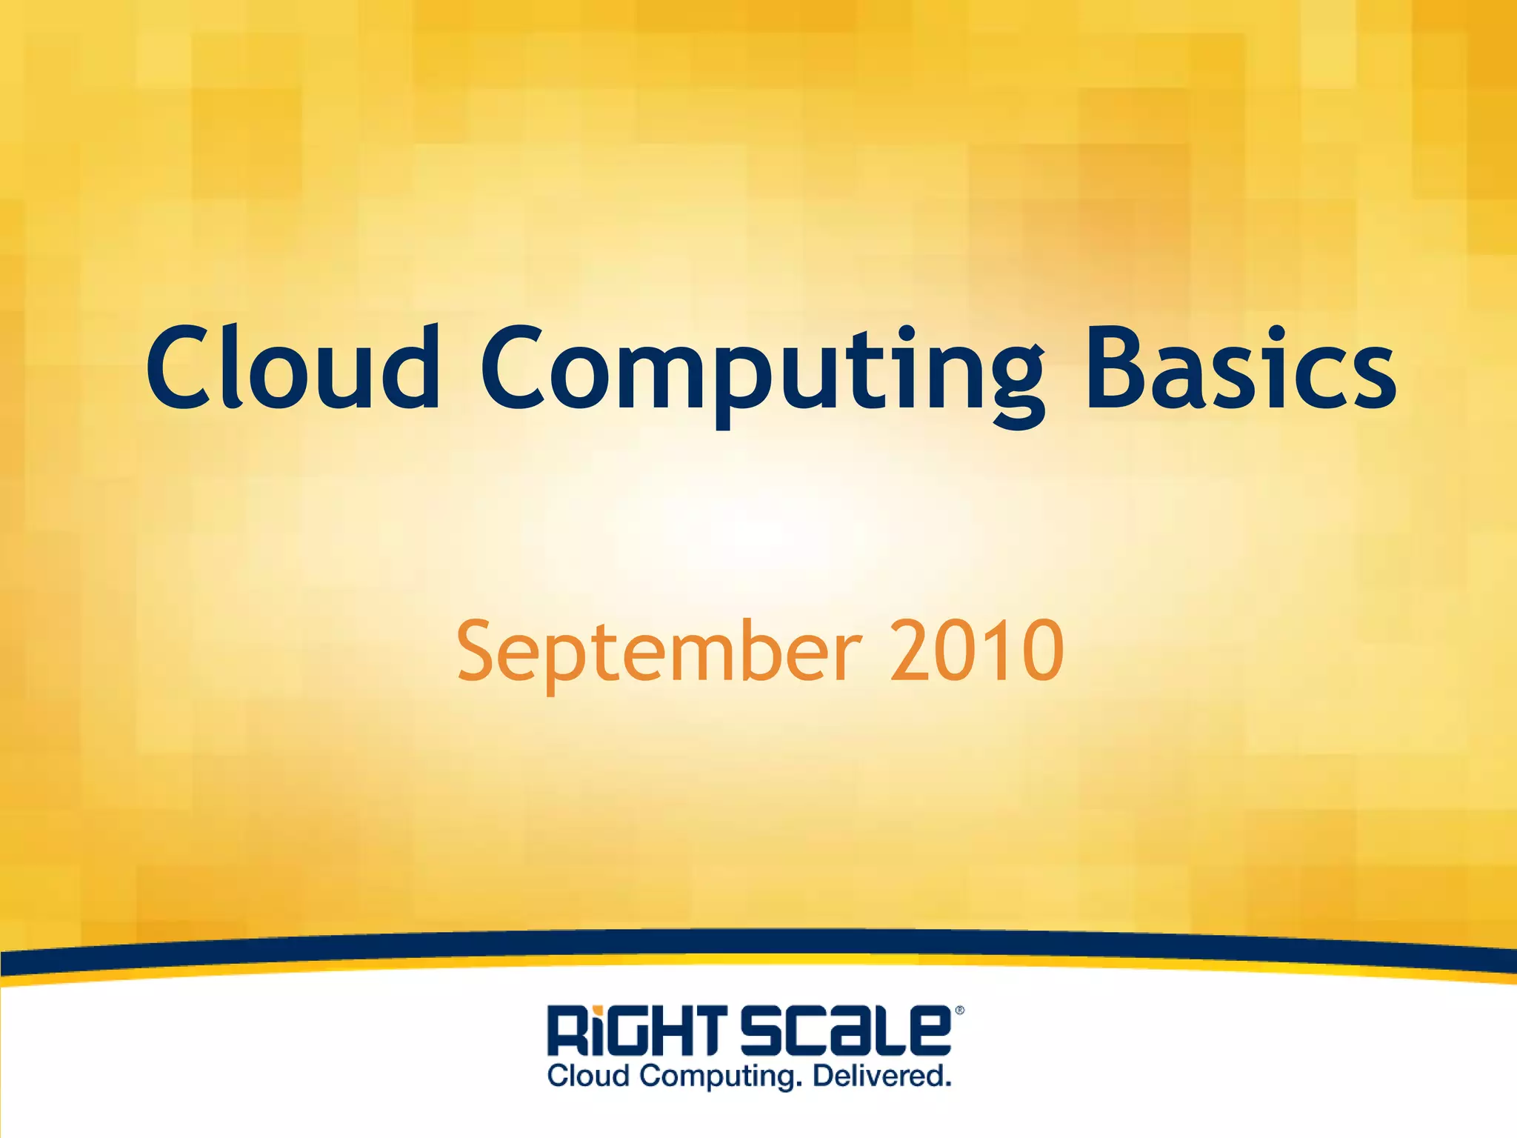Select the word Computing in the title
[763, 370]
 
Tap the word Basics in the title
[1241, 368]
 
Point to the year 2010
[976, 650]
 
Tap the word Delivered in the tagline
[881, 1076]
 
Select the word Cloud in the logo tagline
[589, 1076]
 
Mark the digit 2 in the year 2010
[911, 650]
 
